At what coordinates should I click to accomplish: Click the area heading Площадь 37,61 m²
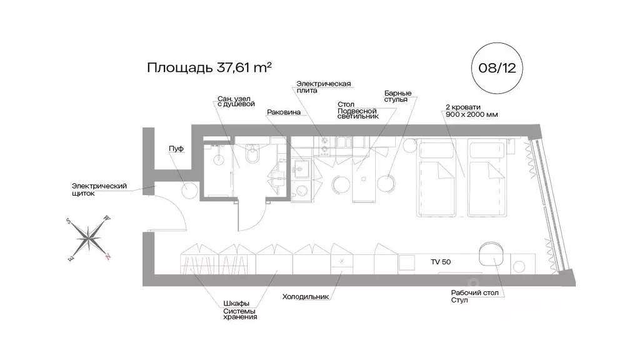click(x=209, y=67)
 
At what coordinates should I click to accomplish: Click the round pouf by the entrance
click(x=189, y=190)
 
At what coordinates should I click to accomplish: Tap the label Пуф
click(x=175, y=149)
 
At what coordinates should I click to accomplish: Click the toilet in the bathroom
click(x=253, y=154)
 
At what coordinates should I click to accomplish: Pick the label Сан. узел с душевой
click(x=236, y=102)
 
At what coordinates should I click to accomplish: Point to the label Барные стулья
click(x=397, y=96)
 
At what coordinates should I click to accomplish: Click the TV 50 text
click(x=440, y=262)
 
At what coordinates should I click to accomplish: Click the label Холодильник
click(x=305, y=297)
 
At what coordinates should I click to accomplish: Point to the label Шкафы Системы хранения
click(x=240, y=310)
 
